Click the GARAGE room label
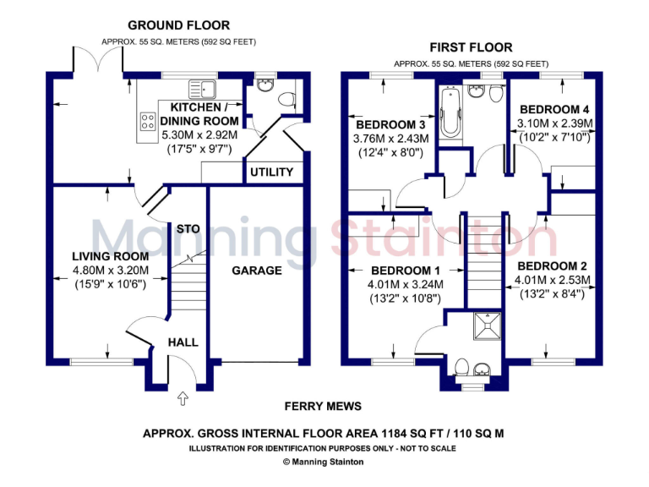pyautogui.click(x=257, y=271)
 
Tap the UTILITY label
pyautogui.click(x=271, y=172)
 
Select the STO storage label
pyautogui.click(x=187, y=228)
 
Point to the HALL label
pyautogui.click(x=183, y=342)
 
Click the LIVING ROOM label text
pyautogui.click(x=110, y=256)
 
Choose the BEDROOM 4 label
pyautogui.click(x=554, y=109)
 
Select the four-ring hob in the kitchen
pyautogui.click(x=147, y=121)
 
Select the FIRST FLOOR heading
pyautogui.click(x=471, y=47)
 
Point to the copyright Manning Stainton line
pyautogui.click(x=324, y=462)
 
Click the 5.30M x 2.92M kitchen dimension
pyautogui.click(x=199, y=134)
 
